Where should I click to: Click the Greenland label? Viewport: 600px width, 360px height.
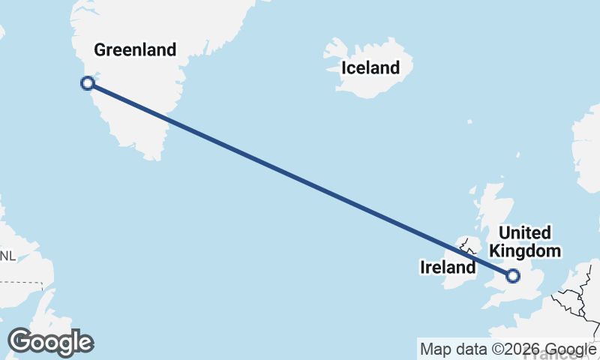click(134, 50)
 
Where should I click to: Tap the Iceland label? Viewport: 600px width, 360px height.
click(370, 68)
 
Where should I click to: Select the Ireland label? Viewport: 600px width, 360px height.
click(448, 267)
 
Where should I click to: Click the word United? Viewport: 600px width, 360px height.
click(525, 233)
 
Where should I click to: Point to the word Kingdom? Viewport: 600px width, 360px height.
click(525, 251)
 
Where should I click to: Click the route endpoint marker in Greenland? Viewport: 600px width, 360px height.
click(88, 83)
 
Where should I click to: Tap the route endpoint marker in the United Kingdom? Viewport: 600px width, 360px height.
click(513, 276)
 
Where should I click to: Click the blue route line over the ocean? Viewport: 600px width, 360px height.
click(300, 179)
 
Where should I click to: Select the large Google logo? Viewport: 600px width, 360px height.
click(50, 342)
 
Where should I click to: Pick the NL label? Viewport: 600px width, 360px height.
click(7, 256)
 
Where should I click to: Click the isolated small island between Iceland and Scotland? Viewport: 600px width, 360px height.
click(469, 121)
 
